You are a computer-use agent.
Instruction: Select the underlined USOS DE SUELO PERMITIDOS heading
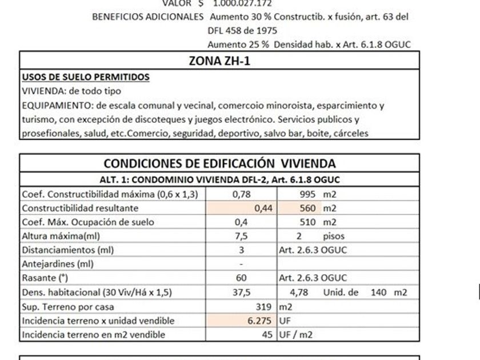point(85,77)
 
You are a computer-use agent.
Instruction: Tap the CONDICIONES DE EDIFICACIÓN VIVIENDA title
point(219,164)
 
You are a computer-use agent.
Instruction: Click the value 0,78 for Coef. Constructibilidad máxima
point(241,194)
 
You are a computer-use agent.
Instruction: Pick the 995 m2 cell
point(314,194)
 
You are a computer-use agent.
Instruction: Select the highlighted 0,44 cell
point(263,209)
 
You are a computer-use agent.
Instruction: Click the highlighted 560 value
point(307,209)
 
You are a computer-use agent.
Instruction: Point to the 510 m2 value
point(314,222)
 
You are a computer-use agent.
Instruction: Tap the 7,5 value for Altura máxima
point(241,236)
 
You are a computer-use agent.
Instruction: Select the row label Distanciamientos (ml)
point(59,250)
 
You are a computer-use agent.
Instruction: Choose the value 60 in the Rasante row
point(241,278)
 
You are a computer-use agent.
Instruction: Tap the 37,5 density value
point(241,292)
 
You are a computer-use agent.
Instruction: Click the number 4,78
point(299,292)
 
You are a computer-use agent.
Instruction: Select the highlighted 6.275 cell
point(260,321)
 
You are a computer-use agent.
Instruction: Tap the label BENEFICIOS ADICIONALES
point(147,17)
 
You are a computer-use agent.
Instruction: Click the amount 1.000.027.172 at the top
point(242,3)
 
